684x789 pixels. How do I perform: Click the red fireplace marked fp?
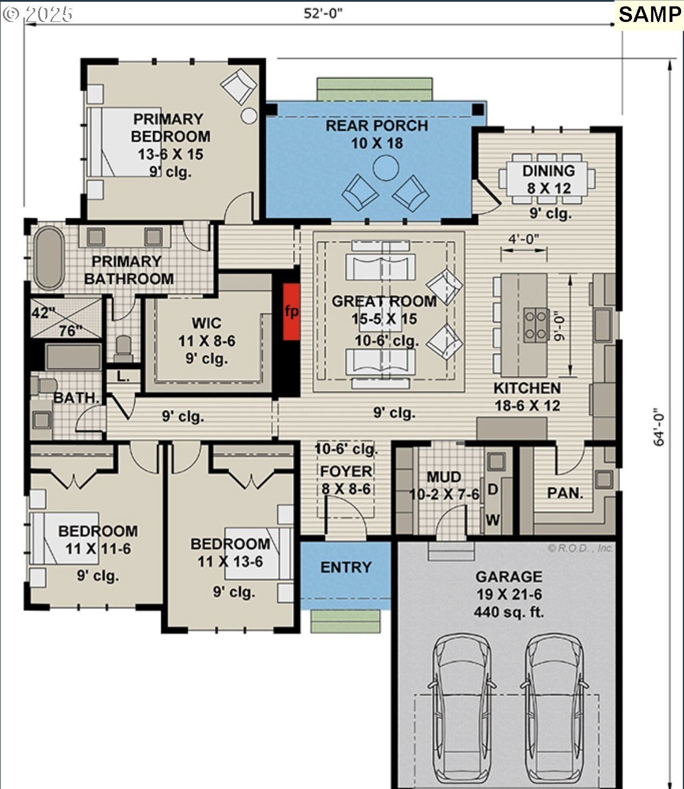click(x=291, y=311)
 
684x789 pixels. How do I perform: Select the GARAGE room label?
click(x=509, y=576)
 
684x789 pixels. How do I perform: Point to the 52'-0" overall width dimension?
click(x=323, y=13)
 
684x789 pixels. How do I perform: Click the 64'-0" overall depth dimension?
click(x=660, y=429)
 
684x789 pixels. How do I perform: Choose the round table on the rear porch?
click(x=386, y=168)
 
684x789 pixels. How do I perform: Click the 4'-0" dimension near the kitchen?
click(x=523, y=239)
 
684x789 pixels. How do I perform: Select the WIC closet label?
click(x=206, y=323)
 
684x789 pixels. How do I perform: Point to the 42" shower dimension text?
click(x=41, y=313)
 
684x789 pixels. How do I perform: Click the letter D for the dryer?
click(x=492, y=489)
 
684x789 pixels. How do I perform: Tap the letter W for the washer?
click(x=492, y=519)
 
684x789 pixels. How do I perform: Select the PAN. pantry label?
click(x=566, y=493)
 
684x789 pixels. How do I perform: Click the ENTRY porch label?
click(x=346, y=567)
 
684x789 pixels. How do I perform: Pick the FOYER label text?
click(x=346, y=471)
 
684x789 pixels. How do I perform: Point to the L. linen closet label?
click(x=123, y=377)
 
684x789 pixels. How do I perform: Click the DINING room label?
click(x=548, y=170)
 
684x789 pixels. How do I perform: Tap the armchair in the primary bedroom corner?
click(x=239, y=86)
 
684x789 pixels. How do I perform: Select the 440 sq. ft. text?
click(x=509, y=612)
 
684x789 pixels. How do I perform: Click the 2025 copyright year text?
click(x=49, y=14)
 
